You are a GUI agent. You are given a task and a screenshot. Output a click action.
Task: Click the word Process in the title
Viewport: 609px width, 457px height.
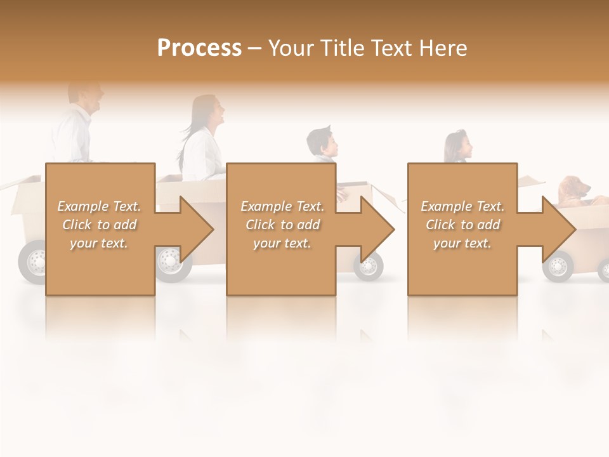pyautogui.click(x=199, y=48)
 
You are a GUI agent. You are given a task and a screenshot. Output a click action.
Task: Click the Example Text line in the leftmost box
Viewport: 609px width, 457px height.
pyautogui.click(x=99, y=206)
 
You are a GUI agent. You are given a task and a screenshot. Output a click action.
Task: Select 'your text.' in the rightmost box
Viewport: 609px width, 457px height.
pyautogui.click(x=462, y=243)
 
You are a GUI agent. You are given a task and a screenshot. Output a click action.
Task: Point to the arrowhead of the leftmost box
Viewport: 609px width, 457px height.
pyautogui.click(x=196, y=229)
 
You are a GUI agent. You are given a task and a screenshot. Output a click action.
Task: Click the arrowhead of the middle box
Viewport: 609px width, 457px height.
pyautogui.click(x=377, y=229)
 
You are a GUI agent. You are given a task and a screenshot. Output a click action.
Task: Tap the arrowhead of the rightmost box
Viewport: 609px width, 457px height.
pyautogui.click(x=558, y=229)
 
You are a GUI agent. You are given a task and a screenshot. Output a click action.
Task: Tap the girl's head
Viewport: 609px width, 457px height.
pyautogui.click(x=458, y=146)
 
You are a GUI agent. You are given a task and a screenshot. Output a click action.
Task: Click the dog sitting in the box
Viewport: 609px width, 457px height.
pyautogui.click(x=573, y=191)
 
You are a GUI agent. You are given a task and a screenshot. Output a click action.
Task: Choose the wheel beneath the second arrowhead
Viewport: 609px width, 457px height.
pyautogui.click(x=369, y=266)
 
